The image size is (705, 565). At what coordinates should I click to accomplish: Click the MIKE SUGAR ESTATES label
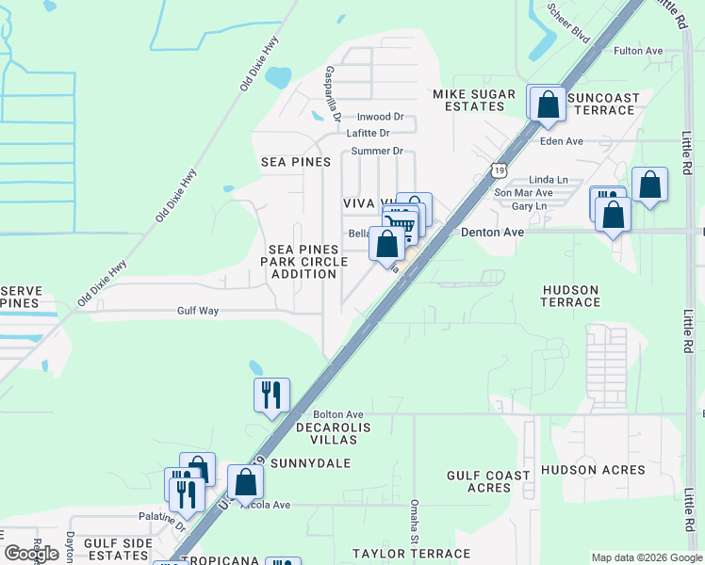[474, 100]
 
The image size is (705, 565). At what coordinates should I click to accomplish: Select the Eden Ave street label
[562, 141]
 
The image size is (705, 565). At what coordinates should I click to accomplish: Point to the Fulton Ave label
[639, 51]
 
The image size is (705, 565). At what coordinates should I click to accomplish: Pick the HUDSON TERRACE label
[570, 296]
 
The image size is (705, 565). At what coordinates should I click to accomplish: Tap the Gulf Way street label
[198, 310]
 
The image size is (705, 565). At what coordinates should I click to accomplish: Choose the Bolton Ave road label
[338, 414]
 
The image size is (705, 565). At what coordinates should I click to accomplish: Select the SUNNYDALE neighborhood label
[310, 463]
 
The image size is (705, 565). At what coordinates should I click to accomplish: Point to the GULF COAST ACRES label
[488, 481]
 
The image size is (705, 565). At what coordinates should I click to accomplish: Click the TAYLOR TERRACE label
[411, 554]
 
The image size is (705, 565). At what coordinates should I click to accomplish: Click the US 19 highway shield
[496, 168]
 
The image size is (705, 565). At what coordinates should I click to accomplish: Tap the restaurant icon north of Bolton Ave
[271, 395]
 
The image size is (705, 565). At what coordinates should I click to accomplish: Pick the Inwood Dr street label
[378, 118]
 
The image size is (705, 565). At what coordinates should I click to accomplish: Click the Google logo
[32, 554]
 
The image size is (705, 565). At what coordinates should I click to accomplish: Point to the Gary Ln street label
[529, 206]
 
